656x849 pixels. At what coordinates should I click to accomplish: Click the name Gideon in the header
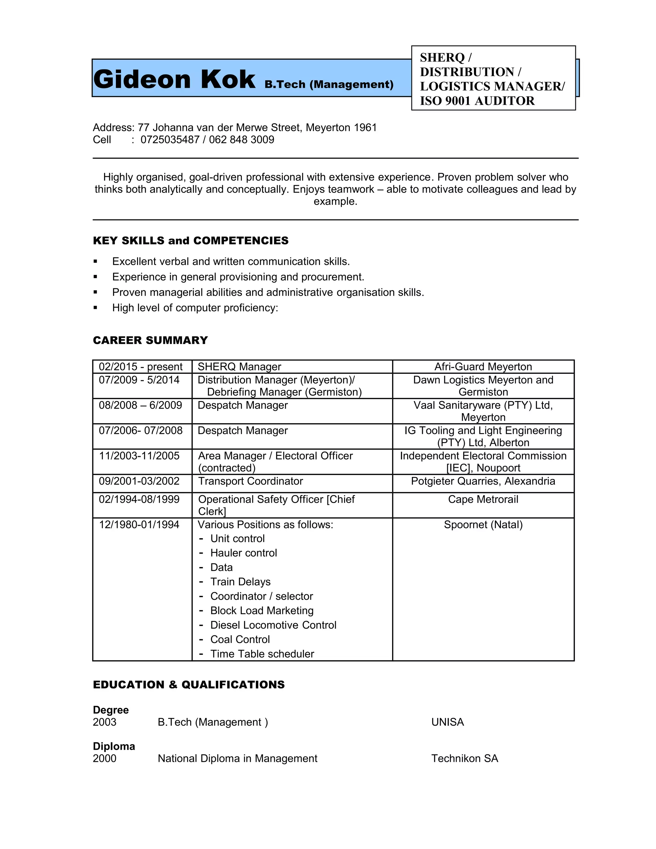click(142, 79)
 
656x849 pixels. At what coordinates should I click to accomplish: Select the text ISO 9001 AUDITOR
click(477, 101)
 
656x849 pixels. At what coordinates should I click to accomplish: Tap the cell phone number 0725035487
click(170, 140)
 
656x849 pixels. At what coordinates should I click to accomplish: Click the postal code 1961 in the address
click(365, 128)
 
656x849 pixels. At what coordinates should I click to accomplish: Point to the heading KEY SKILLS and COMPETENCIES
click(191, 241)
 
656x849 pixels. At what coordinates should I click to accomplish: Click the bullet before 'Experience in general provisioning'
click(95, 277)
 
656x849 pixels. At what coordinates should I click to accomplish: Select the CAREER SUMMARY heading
click(151, 340)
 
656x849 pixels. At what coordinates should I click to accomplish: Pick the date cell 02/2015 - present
click(140, 367)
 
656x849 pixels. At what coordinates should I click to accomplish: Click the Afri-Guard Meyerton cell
click(483, 367)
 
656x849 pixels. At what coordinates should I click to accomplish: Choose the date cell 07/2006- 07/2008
click(140, 431)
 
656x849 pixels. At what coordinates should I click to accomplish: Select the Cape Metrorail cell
click(483, 499)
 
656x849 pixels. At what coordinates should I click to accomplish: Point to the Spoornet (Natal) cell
click(483, 525)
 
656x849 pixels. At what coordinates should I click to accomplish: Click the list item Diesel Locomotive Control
click(273, 625)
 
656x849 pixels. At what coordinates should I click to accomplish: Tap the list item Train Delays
click(240, 582)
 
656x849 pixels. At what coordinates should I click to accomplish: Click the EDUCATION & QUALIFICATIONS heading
click(189, 685)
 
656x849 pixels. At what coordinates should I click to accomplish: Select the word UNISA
click(447, 722)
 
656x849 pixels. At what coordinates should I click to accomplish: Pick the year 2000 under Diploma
click(104, 758)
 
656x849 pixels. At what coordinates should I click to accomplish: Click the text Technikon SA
click(464, 758)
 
